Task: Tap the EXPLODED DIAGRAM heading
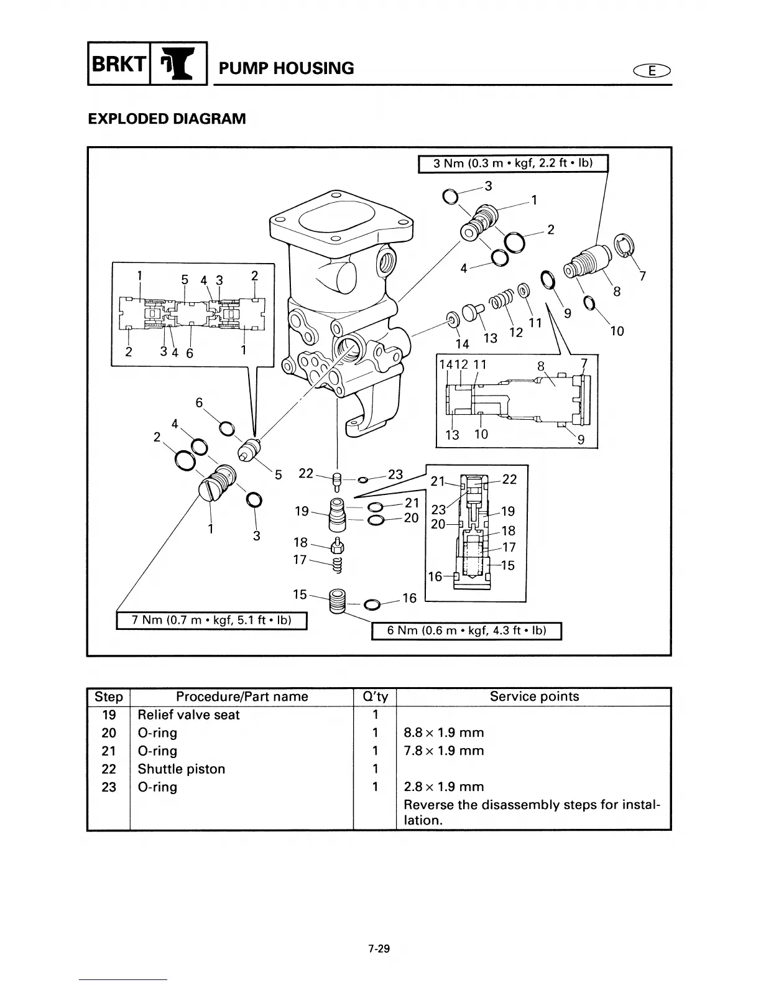point(167,118)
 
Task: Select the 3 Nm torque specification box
point(512,163)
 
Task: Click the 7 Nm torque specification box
point(211,620)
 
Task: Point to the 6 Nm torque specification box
point(466,631)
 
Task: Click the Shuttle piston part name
point(181,769)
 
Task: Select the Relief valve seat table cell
point(188,714)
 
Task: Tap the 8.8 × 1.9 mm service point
point(443,733)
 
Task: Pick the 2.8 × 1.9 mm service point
point(443,787)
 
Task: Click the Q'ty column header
point(374,696)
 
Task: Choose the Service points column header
point(533,696)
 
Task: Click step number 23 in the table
point(109,787)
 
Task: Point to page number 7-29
point(378,949)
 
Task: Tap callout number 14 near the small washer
point(462,343)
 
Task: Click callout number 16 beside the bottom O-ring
point(409,598)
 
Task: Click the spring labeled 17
point(338,564)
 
